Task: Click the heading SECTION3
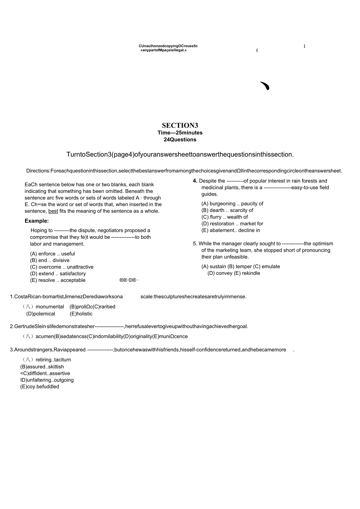pos(180,125)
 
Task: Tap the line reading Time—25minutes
pos(180,133)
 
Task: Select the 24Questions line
pos(180,140)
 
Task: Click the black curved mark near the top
pos(265,86)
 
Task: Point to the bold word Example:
pos(37,221)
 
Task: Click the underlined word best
pos(53,211)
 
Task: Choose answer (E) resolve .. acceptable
pos(58,280)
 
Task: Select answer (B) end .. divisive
pos(50,260)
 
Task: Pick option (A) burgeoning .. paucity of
pos(232,204)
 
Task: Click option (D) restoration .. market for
pos(232,224)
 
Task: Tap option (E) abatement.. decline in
pos(230,230)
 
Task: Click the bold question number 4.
pos(195,181)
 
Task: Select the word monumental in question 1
pos(50,307)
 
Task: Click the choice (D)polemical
pos(41,314)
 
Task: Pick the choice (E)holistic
pos(81,314)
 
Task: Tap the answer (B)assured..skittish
pos(42,367)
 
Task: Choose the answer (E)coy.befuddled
pos(40,387)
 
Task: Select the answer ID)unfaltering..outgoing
pos(47,380)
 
